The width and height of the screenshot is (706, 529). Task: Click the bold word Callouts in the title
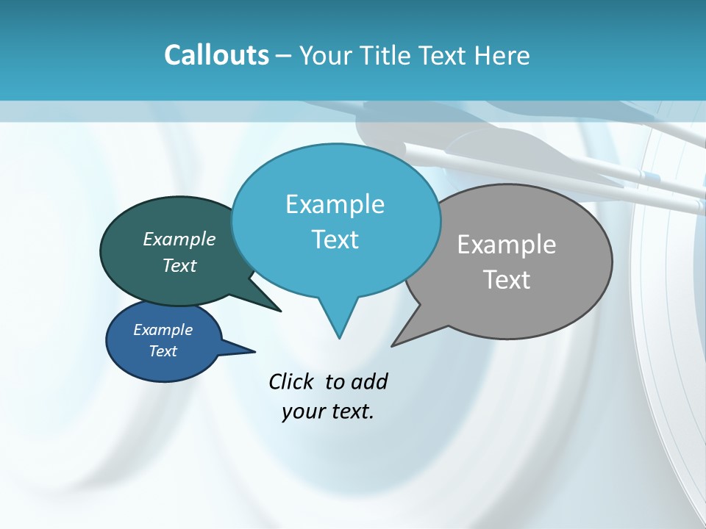pyautogui.click(x=216, y=55)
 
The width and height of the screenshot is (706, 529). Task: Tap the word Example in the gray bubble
pyautogui.click(x=507, y=245)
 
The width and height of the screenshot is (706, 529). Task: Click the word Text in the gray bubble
pyautogui.click(x=507, y=280)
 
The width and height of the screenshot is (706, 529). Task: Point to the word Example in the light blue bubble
pyautogui.click(x=335, y=204)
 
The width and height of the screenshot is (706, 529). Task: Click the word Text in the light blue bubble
pyautogui.click(x=335, y=240)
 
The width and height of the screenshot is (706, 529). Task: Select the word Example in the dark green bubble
pyautogui.click(x=179, y=239)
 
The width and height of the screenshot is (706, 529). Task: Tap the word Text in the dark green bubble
pyautogui.click(x=179, y=265)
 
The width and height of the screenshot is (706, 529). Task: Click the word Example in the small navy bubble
pyautogui.click(x=163, y=330)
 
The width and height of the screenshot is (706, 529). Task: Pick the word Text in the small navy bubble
pyautogui.click(x=163, y=351)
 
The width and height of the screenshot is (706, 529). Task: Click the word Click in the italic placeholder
pyautogui.click(x=292, y=381)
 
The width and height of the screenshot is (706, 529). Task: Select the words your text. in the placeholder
pyautogui.click(x=328, y=411)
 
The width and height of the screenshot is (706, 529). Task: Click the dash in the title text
pyautogui.click(x=284, y=56)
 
